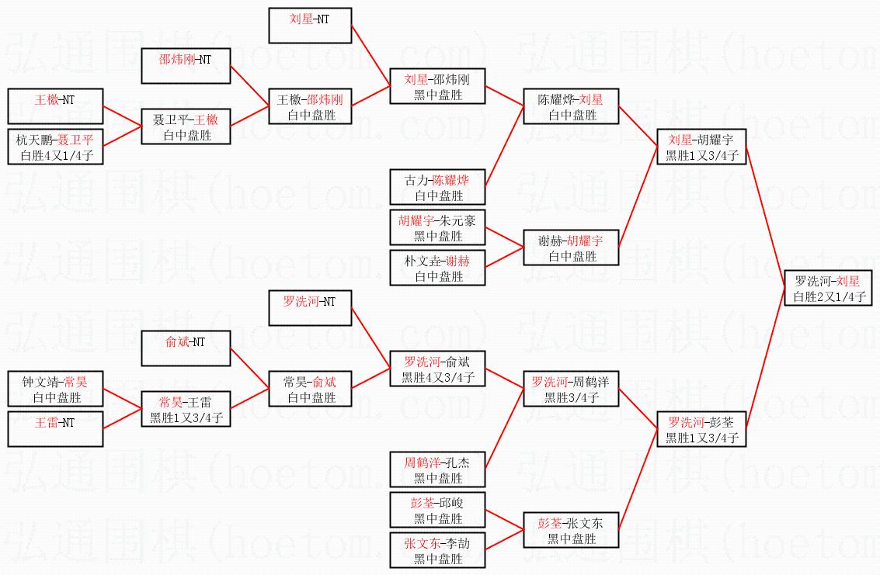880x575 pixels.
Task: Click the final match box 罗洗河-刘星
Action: (828, 288)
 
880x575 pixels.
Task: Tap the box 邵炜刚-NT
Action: (186, 65)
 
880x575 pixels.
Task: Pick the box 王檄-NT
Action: (55, 106)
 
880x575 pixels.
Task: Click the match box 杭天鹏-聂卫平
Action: (55, 147)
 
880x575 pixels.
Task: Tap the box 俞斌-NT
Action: (186, 348)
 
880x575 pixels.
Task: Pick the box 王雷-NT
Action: (55, 430)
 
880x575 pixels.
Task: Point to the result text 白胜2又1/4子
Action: (828, 296)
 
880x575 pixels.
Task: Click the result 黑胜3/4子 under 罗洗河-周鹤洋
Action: (571, 397)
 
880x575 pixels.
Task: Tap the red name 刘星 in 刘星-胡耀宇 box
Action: (680, 140)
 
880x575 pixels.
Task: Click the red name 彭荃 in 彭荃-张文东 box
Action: (549, 523)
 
